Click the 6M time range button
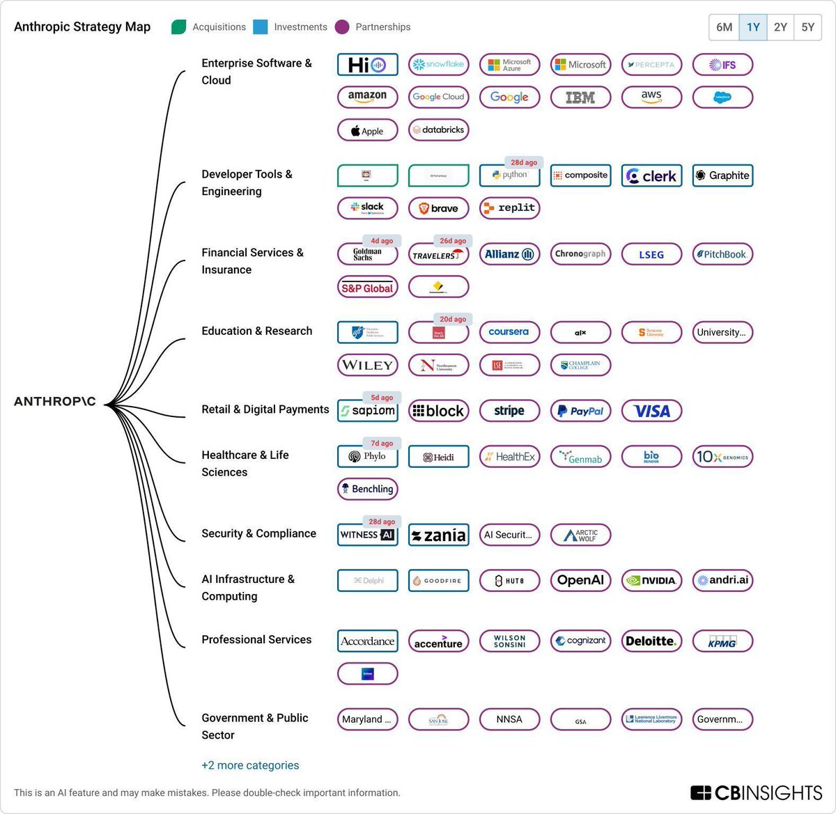724,27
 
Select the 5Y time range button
807,27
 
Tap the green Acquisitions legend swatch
179,27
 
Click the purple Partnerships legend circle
341,27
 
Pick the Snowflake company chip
438,65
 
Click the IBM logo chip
580,97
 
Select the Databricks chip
438,130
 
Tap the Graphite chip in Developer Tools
722,175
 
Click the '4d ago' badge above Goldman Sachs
381,241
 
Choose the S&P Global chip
367,287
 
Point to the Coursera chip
509,332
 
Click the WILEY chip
367,365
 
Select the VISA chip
651,411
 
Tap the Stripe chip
509,411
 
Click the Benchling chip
367,489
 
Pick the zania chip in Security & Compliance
438,535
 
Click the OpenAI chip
580,580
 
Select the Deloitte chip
651,641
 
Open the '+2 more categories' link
250,765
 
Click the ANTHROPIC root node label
55,402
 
